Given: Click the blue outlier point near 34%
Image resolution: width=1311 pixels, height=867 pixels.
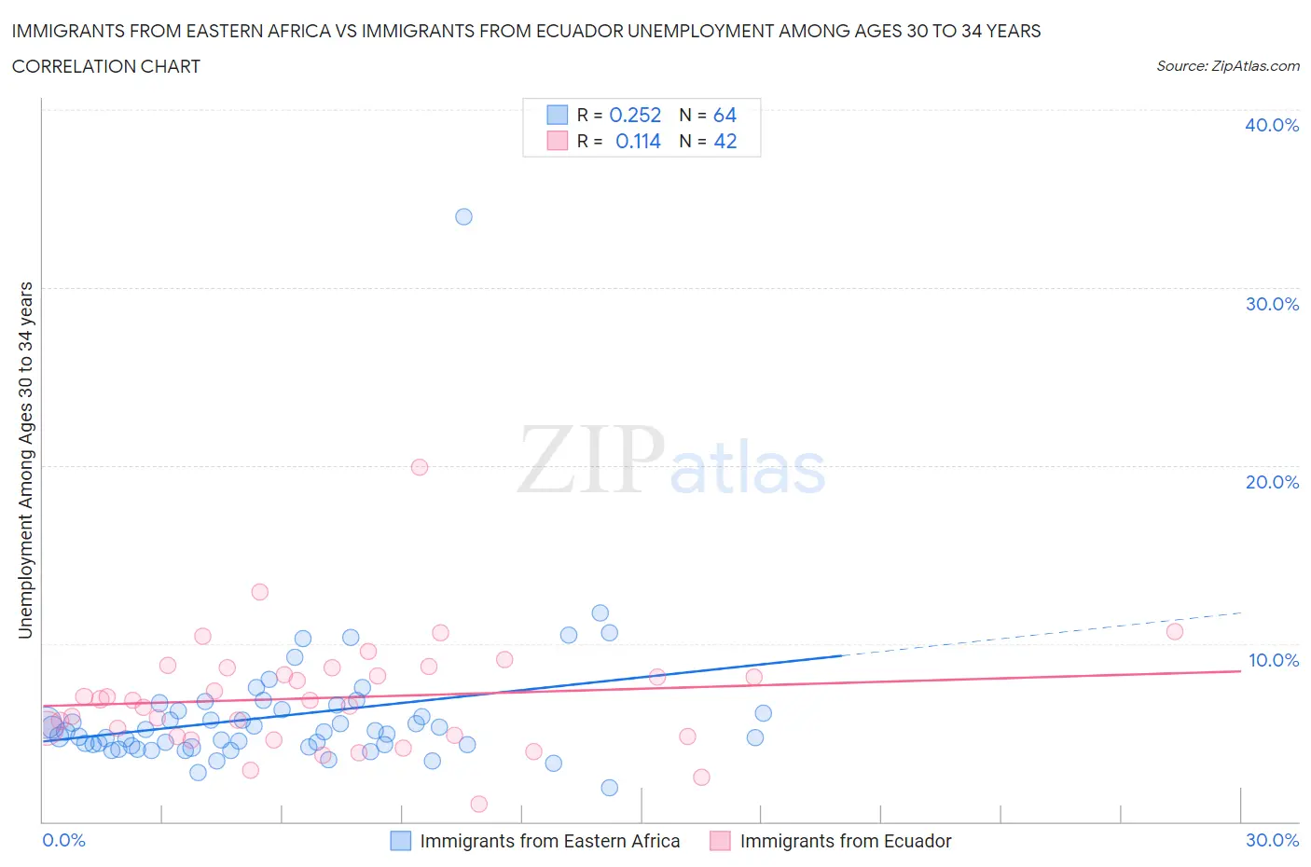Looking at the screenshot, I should click(463, 216).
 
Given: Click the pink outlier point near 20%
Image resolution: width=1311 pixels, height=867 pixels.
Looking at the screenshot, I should click(420, 467).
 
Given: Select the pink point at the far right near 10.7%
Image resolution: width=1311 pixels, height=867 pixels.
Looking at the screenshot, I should click(1175, 631).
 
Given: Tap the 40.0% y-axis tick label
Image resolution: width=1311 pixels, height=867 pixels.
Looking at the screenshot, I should click(1272, 125).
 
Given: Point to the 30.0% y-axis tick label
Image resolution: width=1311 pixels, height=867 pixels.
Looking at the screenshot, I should click(1272, 304).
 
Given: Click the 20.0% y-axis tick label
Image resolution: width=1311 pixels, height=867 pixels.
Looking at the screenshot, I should click(1272, 482).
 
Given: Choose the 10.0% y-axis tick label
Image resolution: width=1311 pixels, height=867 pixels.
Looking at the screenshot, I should click(1273, 660).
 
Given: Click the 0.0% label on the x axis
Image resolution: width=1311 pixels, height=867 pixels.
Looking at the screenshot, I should click(64, 840).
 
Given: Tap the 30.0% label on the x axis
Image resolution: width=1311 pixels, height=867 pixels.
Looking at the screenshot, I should click(1272, 840).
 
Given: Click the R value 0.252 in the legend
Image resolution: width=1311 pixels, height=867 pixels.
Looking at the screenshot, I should click(635, 115).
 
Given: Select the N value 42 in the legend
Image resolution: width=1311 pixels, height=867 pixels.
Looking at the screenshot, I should click(724, 141).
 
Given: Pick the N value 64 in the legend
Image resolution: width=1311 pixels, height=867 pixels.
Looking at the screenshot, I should click(724, 115).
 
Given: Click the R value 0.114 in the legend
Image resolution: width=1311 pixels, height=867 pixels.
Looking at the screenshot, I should click(638, 141).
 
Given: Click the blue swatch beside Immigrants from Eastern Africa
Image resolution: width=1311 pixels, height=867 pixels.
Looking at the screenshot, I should click(400, 841).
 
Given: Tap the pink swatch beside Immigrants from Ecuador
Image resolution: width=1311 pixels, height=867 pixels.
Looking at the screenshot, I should click(720, 841).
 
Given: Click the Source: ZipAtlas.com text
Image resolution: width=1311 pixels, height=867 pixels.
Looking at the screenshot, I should click(1227, 65).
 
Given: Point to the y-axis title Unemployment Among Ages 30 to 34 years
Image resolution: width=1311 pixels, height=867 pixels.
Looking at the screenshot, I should click(25, 461).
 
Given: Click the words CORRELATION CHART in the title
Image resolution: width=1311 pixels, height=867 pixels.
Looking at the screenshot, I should click(106, 66).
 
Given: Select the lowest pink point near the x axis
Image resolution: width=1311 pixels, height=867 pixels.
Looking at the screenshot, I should click(479, 804).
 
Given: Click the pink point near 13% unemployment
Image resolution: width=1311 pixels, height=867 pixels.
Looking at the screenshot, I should click(260, 592).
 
